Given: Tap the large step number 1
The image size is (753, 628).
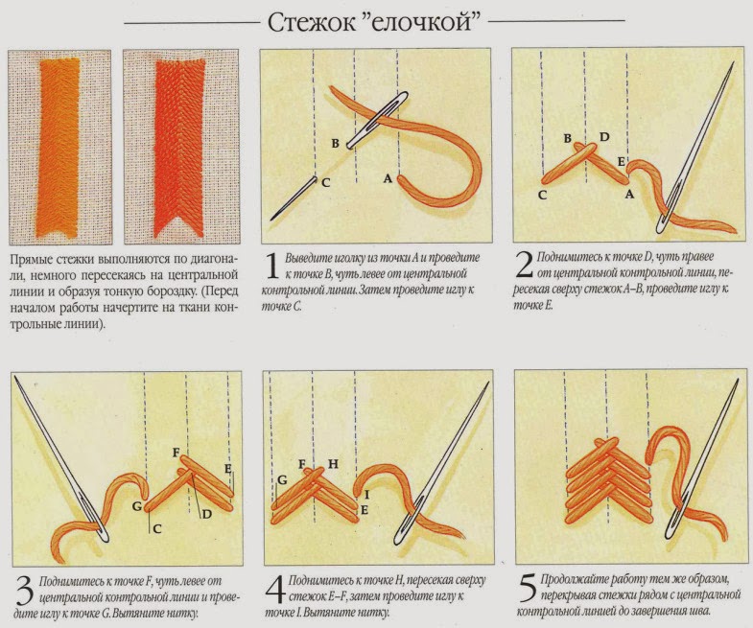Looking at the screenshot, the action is point(272,266).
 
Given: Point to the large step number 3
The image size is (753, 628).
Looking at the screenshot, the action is point(25,590).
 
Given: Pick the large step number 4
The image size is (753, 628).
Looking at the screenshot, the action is point(276,590).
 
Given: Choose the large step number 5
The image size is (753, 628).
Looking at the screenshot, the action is point(529,589).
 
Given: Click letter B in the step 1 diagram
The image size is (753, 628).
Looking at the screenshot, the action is point(336,143).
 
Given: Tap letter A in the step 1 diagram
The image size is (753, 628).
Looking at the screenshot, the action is point(388,178).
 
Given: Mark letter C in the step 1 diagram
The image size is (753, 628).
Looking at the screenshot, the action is point(325,182).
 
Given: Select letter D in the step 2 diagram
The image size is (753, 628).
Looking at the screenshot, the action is point(604,137).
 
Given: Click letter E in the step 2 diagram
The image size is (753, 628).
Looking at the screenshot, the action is point(621,162).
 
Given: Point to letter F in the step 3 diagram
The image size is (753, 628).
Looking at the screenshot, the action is point(176,453).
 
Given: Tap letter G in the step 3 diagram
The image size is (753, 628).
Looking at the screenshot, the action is point(137,505).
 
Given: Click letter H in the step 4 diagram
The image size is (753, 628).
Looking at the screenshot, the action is point(333,464).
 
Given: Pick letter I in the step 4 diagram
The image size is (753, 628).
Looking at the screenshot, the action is point(367,494).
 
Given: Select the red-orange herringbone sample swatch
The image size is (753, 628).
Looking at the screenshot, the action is point(179,148).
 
